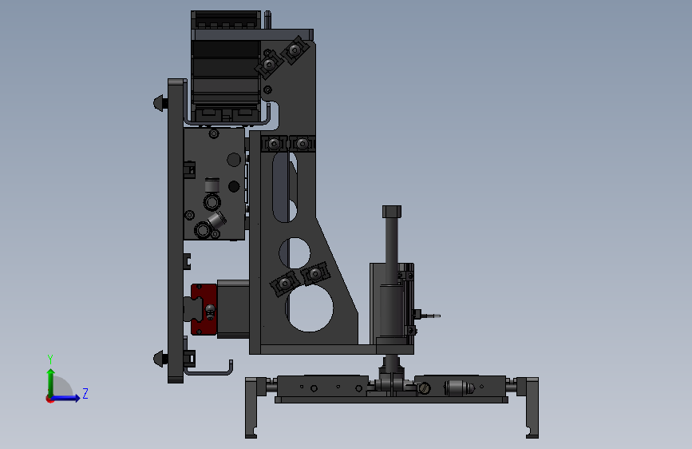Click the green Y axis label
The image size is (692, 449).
(50, 360)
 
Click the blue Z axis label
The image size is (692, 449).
(85, 393)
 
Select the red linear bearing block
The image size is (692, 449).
(204, 309)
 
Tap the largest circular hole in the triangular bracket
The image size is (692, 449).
(310, 308)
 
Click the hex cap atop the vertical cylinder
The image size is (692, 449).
(392, 211)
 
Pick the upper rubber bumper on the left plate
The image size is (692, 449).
(160, 103)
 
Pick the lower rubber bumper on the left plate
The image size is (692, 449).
(160, 358)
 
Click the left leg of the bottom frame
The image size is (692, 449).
(251, 407)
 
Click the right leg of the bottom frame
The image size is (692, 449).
(532, 407)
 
